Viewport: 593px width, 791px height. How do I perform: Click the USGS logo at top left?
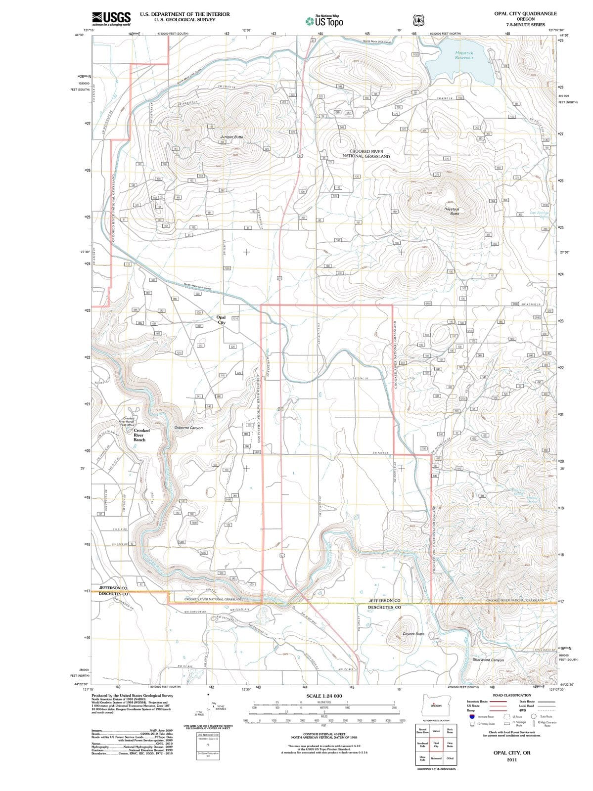(x=111, y=19)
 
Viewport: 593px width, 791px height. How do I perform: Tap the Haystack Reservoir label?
(x=464, y=55)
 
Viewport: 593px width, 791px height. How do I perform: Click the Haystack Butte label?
(x=452, y=211)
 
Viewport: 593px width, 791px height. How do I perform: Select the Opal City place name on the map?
(x=221, y=320)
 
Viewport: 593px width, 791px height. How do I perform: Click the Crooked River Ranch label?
(x=141, y=435)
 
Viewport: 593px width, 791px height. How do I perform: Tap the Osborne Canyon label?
(x=188, y=428)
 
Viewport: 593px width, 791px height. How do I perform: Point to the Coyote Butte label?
(x=413, y=634)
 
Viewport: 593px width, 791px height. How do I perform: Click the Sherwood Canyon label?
(x=488, y=659)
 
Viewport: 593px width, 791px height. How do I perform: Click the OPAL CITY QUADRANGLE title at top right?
(x=525, y=14)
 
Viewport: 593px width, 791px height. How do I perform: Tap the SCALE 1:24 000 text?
(x=324, y=696)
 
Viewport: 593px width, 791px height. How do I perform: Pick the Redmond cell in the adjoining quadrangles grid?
(x=436, y=758)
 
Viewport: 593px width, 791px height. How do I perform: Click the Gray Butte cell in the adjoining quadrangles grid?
(x=450, y=745)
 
